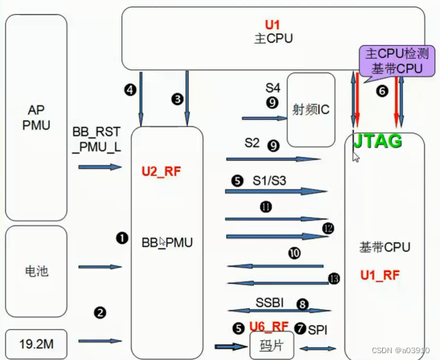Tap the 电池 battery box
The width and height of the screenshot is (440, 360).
36,271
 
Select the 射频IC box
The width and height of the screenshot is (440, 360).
311,109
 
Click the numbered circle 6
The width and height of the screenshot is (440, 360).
381,91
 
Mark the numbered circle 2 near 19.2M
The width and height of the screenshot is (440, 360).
100,313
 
